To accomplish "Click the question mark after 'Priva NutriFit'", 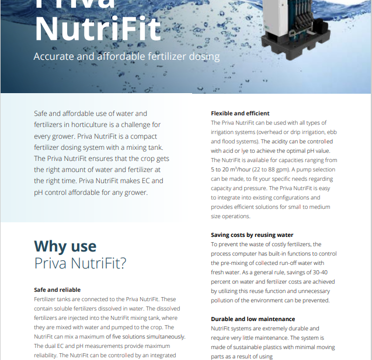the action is pos(122,264).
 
